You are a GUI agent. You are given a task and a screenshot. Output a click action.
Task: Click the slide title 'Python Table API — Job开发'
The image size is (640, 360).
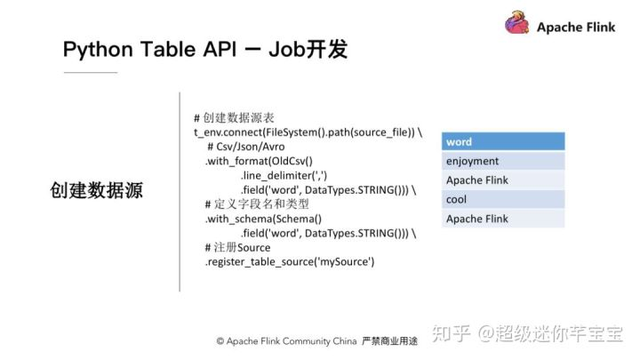[204, 50]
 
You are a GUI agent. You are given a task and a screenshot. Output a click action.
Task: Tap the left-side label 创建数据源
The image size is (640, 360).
[97, 190]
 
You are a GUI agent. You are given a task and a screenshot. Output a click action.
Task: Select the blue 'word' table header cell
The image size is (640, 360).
[503, 142]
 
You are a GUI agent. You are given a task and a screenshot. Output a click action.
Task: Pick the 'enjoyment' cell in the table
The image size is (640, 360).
[503, 162]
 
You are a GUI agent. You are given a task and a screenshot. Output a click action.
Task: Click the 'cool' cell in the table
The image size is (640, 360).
[503, 200]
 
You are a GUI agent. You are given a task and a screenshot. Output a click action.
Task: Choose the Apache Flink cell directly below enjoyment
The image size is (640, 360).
[503, 180]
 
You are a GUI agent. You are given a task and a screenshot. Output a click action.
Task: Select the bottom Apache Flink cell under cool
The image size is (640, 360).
[503, 219]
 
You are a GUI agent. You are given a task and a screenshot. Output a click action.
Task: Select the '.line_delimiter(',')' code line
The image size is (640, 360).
[290, 175]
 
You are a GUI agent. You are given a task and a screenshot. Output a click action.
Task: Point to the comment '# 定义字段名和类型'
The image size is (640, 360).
[257, 204]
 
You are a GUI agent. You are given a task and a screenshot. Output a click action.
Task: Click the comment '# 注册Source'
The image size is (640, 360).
[237, 247]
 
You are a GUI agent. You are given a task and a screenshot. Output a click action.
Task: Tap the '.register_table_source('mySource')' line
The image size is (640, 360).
[290, 262]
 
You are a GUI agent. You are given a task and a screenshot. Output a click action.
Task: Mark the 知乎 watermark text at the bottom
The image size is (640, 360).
[451, 334]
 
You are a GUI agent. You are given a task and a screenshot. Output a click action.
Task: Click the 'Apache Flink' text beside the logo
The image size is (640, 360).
[576, 27]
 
